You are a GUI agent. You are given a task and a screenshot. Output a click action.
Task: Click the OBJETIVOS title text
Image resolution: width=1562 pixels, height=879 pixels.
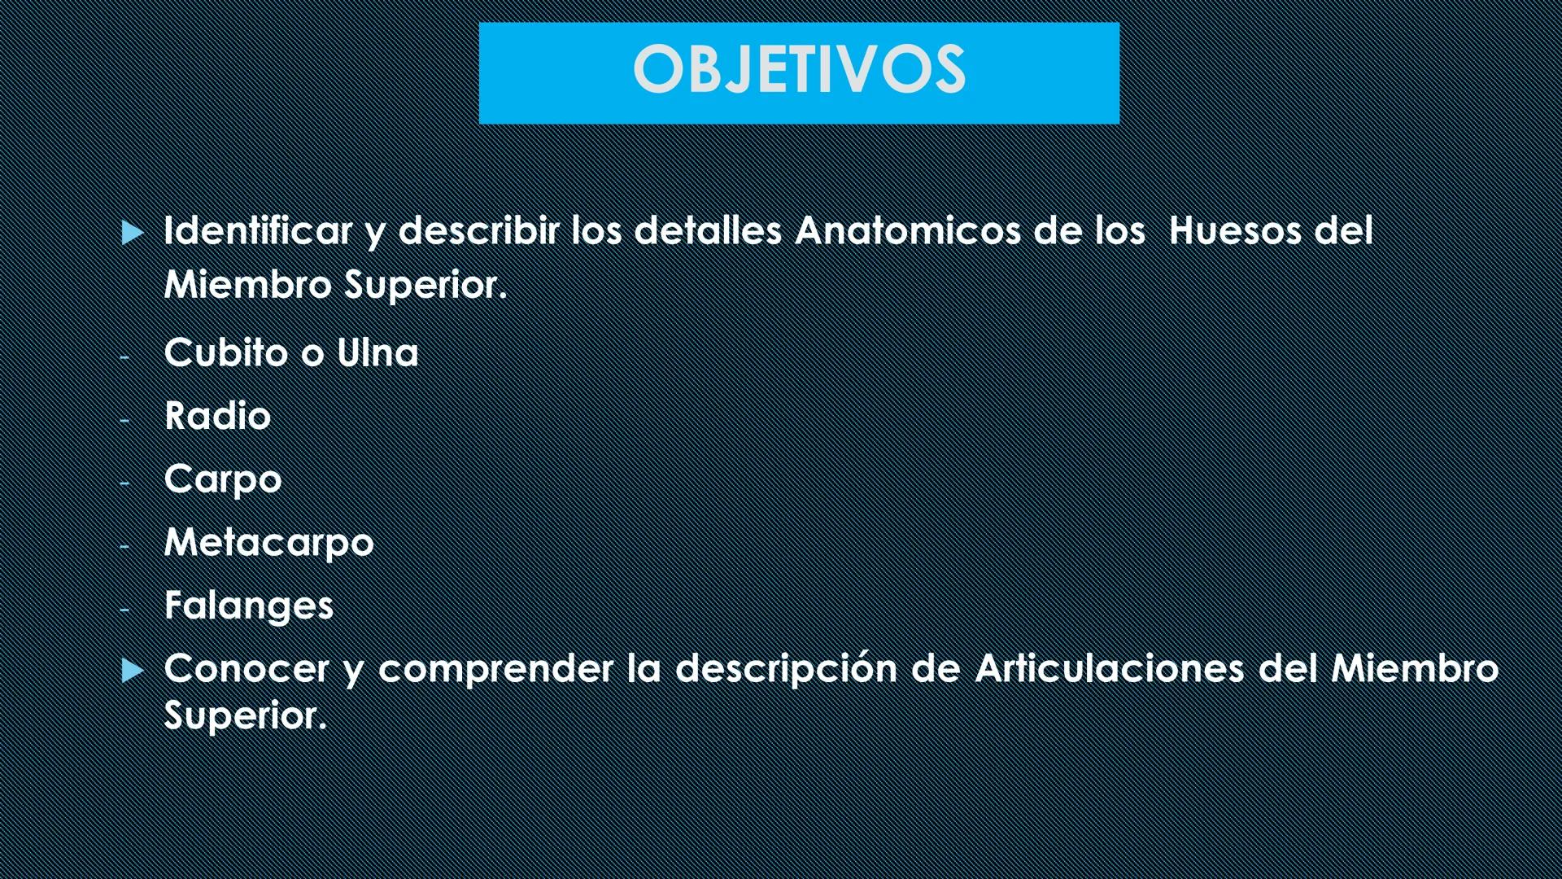click(x=799, y=69)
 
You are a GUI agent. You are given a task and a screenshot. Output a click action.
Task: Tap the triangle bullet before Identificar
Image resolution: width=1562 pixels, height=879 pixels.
click(x=132, y=234)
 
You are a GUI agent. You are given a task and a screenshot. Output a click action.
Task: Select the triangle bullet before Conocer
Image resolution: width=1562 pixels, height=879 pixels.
click(x=132, y=671)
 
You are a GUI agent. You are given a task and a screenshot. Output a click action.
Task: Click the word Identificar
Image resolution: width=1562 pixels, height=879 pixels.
click(x=258, y=231)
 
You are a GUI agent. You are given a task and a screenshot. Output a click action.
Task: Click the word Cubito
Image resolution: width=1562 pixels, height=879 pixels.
click(x=226, y=353)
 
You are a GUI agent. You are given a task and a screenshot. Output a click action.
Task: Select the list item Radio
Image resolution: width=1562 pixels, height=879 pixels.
click(x=217, y=416)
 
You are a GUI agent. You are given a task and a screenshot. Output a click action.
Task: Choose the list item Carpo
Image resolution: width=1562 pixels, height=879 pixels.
click(x=223, y=479)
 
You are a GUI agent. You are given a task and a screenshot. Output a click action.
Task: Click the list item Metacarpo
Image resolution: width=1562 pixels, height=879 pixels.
click(x=268, y=543)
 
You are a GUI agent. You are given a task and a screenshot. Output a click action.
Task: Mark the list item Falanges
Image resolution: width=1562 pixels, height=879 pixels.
click(x=249, y=606)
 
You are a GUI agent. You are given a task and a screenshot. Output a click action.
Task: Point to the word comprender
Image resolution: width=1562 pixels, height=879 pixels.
click(x=495, y=669)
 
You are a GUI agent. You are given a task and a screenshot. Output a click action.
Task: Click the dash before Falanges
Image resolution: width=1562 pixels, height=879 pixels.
click(x=124, y=608)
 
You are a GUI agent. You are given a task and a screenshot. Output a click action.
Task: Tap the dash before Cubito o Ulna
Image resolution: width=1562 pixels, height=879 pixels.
click(x=124, y=356)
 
